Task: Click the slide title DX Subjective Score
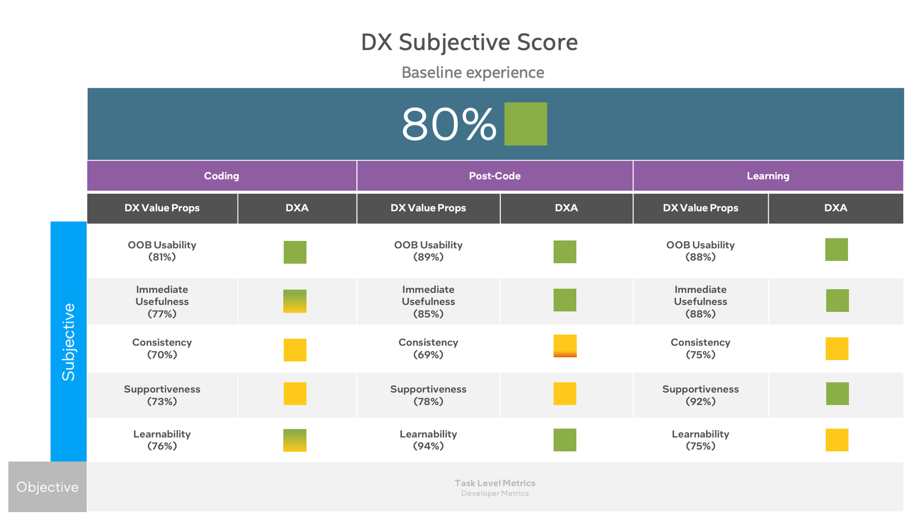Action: (x=469, y=42)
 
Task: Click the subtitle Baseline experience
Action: (x=472, y=73)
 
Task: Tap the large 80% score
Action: (x=448, y=124)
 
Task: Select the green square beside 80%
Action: (x=525, y=124)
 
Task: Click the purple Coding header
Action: (x=221, y=176)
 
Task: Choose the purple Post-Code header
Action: (x=495, y=176)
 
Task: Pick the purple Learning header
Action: (x=768, y=176)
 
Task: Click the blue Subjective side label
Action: (x=68, y=342)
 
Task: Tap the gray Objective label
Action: (x=47, y=487)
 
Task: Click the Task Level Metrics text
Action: (x=495, y=483)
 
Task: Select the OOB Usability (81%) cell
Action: (x=162, y=251)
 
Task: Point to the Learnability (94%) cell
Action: (x=428, y=440)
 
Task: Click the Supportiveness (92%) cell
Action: (x=700, y=395)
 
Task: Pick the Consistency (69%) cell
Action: (x=428, y=348)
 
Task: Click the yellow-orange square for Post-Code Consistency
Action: (x=565, y=346)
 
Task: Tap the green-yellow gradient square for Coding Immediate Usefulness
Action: (x=295, y=301)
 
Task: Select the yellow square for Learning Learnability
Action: (x=837, y=440)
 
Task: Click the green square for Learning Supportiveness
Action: (x=837, y=393)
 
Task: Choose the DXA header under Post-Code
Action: (x=566, y=208)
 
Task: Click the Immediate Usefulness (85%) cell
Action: (x=428, y=302)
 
